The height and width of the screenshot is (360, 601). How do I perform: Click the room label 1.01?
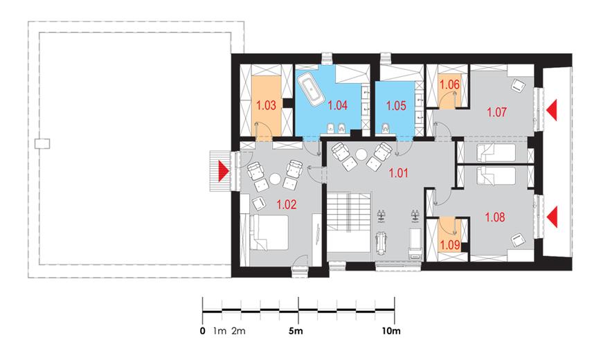pyautogui.click(x=399, y=173)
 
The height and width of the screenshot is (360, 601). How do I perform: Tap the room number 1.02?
pyautogui.click(x=287, y=205)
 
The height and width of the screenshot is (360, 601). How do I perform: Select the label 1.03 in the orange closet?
pyautogui.click(x=266, y=105)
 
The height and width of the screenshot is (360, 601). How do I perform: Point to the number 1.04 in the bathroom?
pyautogui.click(x=338, y=105)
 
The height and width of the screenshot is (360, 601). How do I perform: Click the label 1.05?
pyautogui.click(x=396, y=105)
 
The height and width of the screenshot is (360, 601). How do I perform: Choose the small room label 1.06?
pyautogui.click(x=449, y=84)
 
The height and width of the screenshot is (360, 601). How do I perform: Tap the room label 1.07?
pyautogui.click(x=496, y=112)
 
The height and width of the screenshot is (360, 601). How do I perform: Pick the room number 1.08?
pyautogui.click(x=495, y=218)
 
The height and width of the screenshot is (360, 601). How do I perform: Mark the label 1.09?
pyautogui.click(x=449, y=244)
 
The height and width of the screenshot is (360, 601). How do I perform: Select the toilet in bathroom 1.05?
pyautogui.click(x=385, y=129)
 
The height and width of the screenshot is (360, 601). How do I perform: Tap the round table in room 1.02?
pyautogui.click(x=275, y=179)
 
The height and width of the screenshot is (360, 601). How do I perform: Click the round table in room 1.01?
pyautogui.click(x=361, y=154)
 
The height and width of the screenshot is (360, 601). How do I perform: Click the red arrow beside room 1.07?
pyautogui.click(x=552, y=110)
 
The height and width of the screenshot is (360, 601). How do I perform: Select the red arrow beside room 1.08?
pyautogui.click(x=552, y=217)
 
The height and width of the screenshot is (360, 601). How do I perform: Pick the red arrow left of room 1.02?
pyautogui.click(x=224, y=171)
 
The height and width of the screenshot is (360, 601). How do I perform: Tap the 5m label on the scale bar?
pyautogui.click(x=296, y=330)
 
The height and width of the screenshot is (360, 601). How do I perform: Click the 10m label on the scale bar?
pyautogui.click(x=391, y=330)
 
